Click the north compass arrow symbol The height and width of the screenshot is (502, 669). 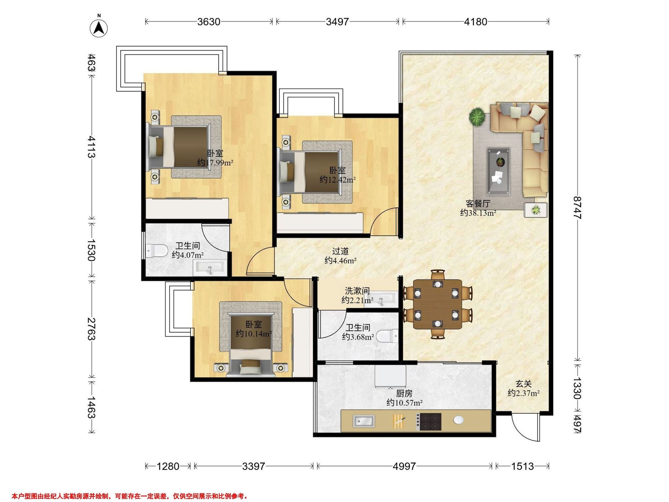[99, 28]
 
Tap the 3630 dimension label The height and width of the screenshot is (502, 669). [209, 22]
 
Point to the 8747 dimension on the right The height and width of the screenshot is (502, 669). [577, 207]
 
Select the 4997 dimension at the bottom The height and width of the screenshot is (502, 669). [404, 466]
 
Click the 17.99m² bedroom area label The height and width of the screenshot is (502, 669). [215, 163]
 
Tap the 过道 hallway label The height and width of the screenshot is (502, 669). [341, 251]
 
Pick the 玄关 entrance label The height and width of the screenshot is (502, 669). [523, 384]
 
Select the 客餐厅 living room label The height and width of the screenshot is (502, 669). [478, 204]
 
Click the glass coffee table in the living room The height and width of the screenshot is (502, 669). [498, 171]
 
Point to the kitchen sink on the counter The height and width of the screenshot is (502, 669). [364, 421]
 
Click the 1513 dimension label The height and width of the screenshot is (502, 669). [523, 466]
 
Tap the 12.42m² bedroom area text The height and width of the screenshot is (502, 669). [338, 179]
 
